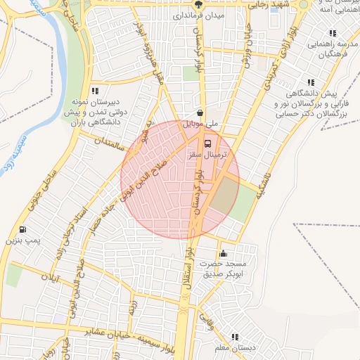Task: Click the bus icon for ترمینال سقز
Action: point(198,143)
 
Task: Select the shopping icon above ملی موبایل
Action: point(200,112)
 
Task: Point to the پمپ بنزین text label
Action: point(20,240)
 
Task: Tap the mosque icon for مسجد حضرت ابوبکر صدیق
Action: point(224,254)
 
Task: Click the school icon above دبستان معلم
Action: point(235,337)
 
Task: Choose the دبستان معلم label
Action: point(234,347)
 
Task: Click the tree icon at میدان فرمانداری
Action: point(199,4)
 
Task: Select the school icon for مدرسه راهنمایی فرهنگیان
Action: point(333,33)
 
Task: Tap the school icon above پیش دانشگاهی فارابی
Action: point(310,82)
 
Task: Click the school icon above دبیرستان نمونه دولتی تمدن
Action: point(95,90)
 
